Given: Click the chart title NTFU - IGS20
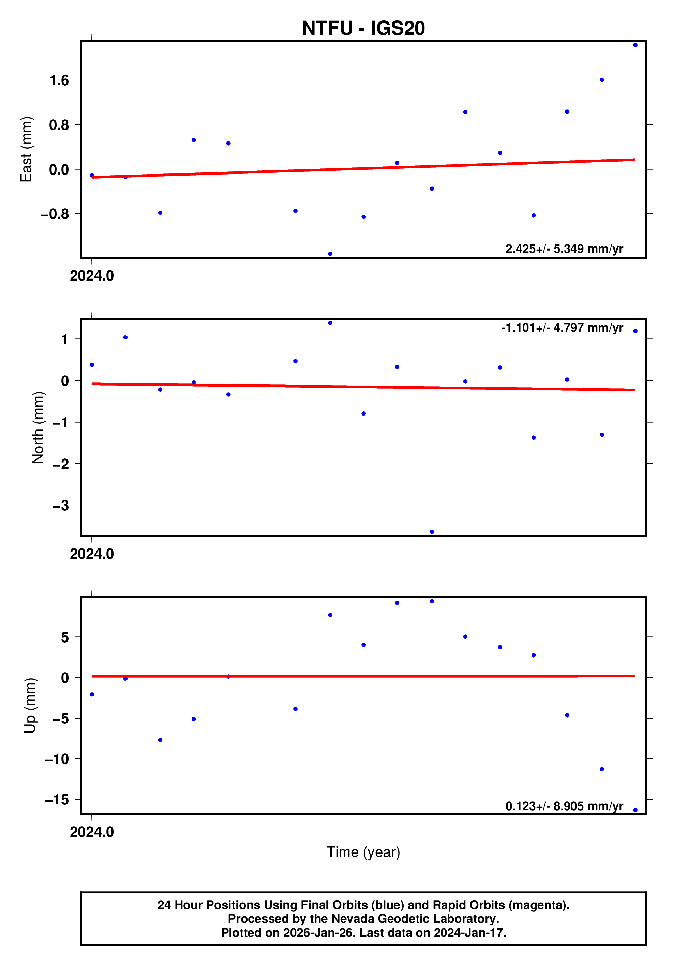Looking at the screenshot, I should [363, 28].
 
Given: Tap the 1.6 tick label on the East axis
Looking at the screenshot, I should [59, 80].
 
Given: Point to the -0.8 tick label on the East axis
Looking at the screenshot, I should [55, 214].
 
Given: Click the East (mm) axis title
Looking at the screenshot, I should [26, 149].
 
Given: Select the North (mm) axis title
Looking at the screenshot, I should [38, 427].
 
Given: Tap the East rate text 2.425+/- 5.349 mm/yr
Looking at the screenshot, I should [564, 249].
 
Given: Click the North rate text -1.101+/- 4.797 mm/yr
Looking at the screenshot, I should [562, 328].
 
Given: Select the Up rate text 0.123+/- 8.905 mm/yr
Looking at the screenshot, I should [564, 806].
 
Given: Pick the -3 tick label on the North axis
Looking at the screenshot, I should [61, 505].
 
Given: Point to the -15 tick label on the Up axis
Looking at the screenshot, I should [57, 800].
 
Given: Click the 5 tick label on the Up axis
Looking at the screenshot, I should [65, 637].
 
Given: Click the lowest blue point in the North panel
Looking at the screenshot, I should [432, 532].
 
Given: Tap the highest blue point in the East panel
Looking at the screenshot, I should [635, 45].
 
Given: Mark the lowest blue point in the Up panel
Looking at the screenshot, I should [635, 810].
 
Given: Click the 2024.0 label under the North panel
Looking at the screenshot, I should [92, 554].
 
